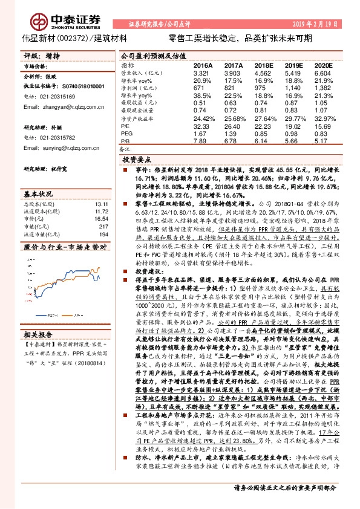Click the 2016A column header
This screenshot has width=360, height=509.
(x=203, y=64)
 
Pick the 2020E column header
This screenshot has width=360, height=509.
(x=324, y=64)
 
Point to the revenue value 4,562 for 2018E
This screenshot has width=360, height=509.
(x=263, y=72)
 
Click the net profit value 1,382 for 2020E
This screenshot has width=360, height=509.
(x=324, y=88)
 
